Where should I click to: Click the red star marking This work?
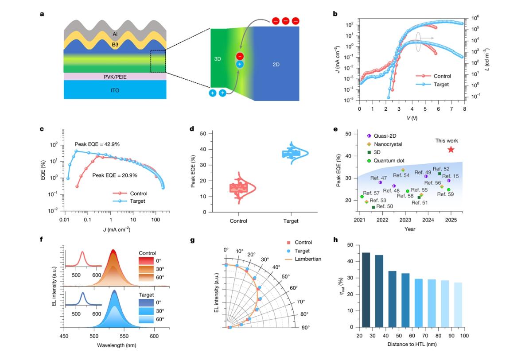pos(451,150)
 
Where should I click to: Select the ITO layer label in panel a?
pos(115,90)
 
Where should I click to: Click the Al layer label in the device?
pos(115,33)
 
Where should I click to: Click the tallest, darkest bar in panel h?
pos(366,290)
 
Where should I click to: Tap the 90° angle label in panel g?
pos(306,328)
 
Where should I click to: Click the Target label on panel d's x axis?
pos(291,221)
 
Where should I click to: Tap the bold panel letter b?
pos(335,14)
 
